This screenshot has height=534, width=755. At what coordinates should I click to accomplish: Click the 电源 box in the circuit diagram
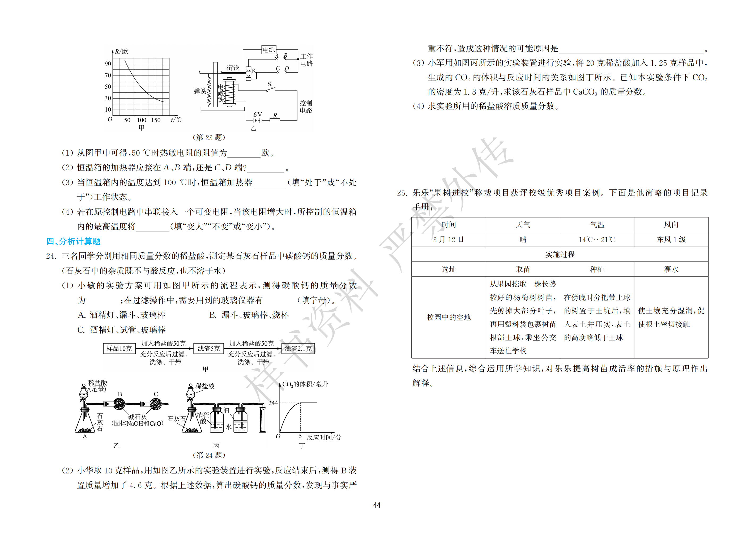coord(269,50)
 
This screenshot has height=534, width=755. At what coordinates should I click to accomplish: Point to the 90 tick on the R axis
coord(108,64)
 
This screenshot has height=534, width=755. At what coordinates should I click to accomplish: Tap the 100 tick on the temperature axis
coord(142,120)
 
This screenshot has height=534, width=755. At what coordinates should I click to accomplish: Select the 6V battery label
coord(258,115)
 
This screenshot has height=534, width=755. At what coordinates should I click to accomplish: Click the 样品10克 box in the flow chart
coord(119,349)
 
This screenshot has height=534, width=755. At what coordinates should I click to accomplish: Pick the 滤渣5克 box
coord(208,349)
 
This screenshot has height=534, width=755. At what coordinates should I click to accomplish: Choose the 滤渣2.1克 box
coord(298,349)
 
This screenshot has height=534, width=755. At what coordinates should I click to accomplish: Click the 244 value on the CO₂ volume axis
coord(273,403)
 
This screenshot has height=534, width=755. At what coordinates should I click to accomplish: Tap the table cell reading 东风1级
coord(671,240)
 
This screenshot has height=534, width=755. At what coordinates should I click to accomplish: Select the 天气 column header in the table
coord(523,225)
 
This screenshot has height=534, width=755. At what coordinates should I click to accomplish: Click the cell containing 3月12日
coord(449,240)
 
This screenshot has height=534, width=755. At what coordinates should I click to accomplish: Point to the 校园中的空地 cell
coord(449,317)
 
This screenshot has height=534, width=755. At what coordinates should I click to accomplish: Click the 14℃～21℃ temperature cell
coord(597,240)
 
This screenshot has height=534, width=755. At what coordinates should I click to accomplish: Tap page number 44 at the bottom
coord(377,505)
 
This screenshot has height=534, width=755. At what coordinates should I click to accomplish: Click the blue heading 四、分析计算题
coord(73,241)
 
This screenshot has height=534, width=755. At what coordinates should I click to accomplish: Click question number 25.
coord(402,193)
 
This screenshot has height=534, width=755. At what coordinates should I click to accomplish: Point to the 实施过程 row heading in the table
coord(560,254)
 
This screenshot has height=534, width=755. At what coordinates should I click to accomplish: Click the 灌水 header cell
coord(671,269)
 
